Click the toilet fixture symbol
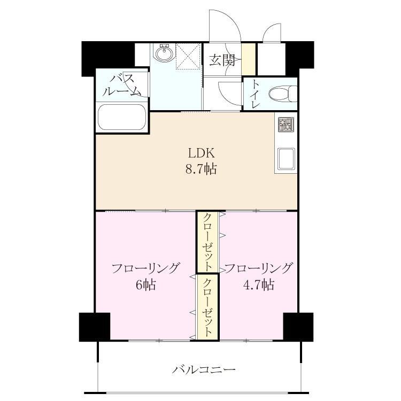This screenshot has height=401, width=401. [283, 94]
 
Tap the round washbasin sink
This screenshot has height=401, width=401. [164, 53]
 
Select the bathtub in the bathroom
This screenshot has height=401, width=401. [122, 117]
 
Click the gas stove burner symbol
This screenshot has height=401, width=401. [286, 125]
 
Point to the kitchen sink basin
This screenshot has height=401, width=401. [286, 159]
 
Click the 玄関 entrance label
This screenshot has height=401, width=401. [222, 60]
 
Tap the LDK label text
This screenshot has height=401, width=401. [201, 153]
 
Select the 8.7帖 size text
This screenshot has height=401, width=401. [201, 169]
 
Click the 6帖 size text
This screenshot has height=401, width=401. [146, 284]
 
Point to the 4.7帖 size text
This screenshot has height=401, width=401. [259, 284]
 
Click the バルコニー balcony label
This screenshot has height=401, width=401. [204, 369]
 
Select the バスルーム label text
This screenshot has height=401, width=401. [122, 84]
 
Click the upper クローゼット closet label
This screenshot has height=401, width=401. [207, 242]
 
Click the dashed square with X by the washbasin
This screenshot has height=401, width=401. [188, 56]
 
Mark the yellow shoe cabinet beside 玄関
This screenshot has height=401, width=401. [249, 59]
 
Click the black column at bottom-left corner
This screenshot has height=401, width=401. [95, 327]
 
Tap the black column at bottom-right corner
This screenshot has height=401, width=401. [298, 327]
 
